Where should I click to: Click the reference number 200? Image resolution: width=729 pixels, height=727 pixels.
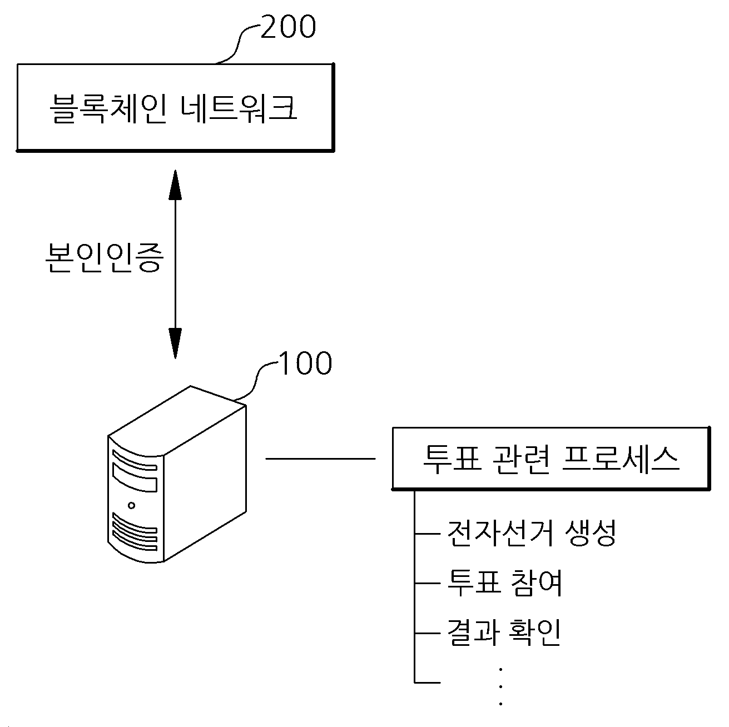[x=288, y=27]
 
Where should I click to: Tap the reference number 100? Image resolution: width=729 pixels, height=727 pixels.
[x=305, y=363]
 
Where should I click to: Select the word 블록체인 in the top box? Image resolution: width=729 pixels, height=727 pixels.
[x=108, y=108]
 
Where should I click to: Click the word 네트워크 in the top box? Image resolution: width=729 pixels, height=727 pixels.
[x=239, y=108]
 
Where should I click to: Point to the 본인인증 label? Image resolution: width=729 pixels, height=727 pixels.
[x=105, y=257]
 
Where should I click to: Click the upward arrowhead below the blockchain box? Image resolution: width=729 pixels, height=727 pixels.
[x=175, y=185]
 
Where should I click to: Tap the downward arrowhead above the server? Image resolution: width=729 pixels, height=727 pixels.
[x=175, y=343]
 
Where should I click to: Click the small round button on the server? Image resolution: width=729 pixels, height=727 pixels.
[x=131, y=505]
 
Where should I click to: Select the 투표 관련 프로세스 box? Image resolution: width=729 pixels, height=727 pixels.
[x=551, y=459]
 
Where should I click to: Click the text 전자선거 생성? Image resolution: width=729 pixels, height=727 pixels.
[x=532, y=533]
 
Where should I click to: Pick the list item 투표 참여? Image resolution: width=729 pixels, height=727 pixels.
[x=505, y=583]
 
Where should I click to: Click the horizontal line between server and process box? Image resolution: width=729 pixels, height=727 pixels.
[x=320, y=459]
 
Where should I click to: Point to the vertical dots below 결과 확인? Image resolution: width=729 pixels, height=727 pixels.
[x=501, y=686]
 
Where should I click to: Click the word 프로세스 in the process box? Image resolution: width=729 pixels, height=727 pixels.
[x=621, y=459]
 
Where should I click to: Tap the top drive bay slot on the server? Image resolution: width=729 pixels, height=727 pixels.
[x=135, y=461]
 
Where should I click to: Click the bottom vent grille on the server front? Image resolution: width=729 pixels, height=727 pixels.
[x=135, y=532]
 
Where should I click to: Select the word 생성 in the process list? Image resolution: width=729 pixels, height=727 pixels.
[x=591, y=533]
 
